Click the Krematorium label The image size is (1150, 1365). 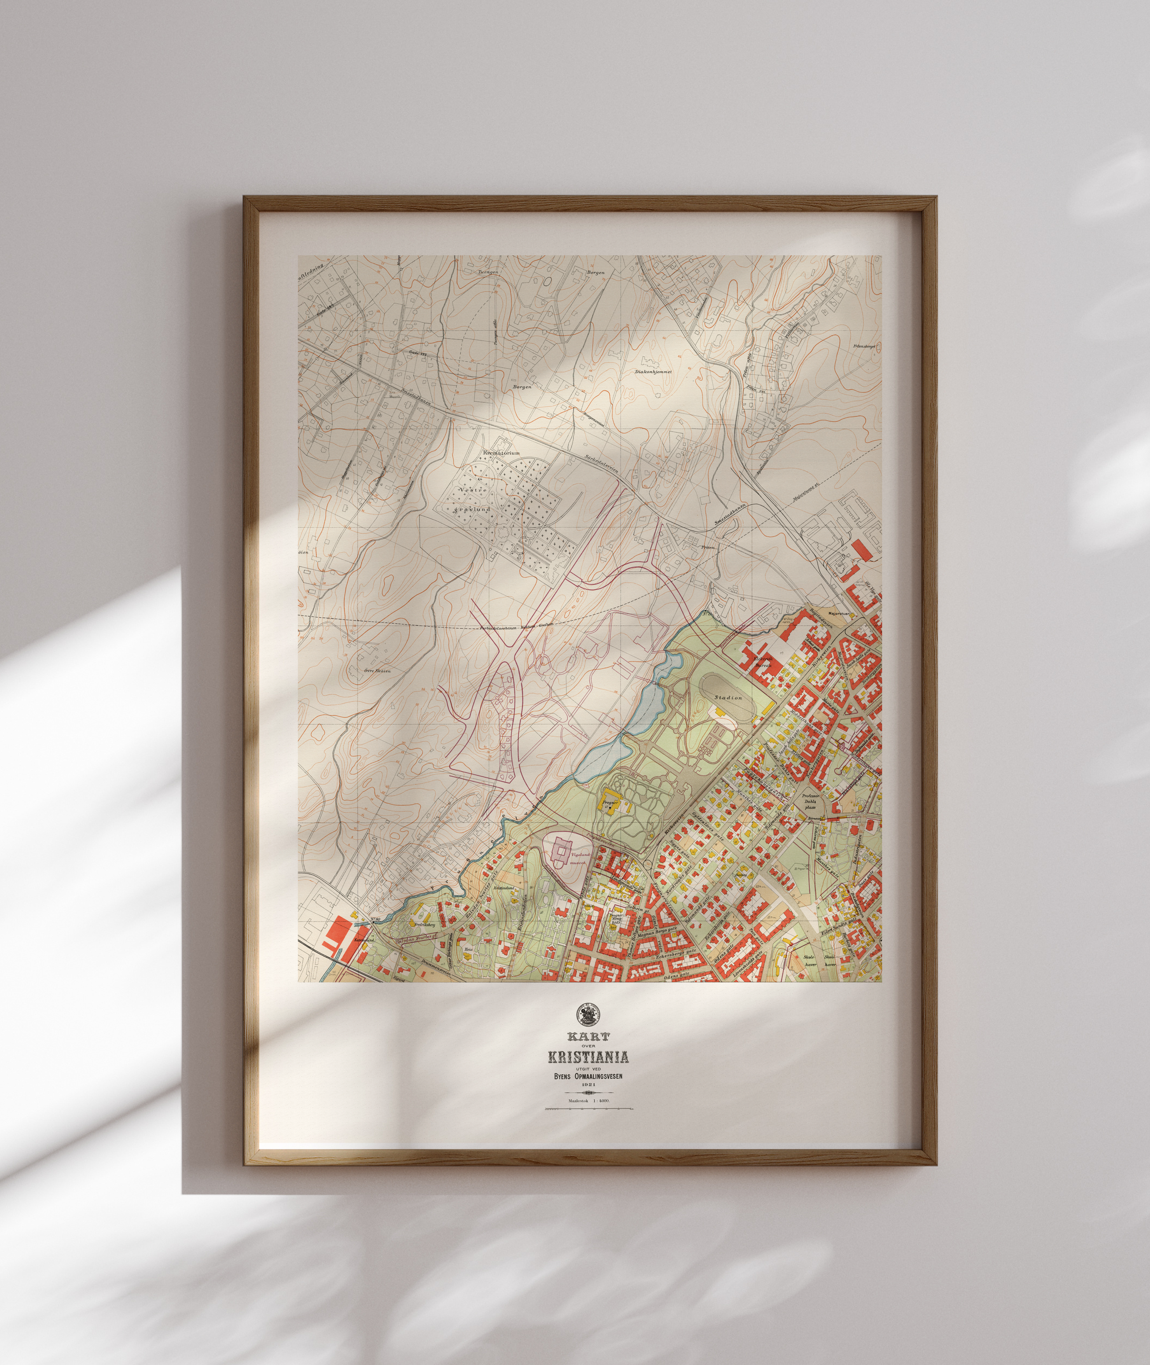pyautogui.click(x=501, y=452)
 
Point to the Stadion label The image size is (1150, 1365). pyautogui.click(x=728, y=697)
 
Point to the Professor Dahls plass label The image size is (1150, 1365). pyautogui.click(x=810, y=801)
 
